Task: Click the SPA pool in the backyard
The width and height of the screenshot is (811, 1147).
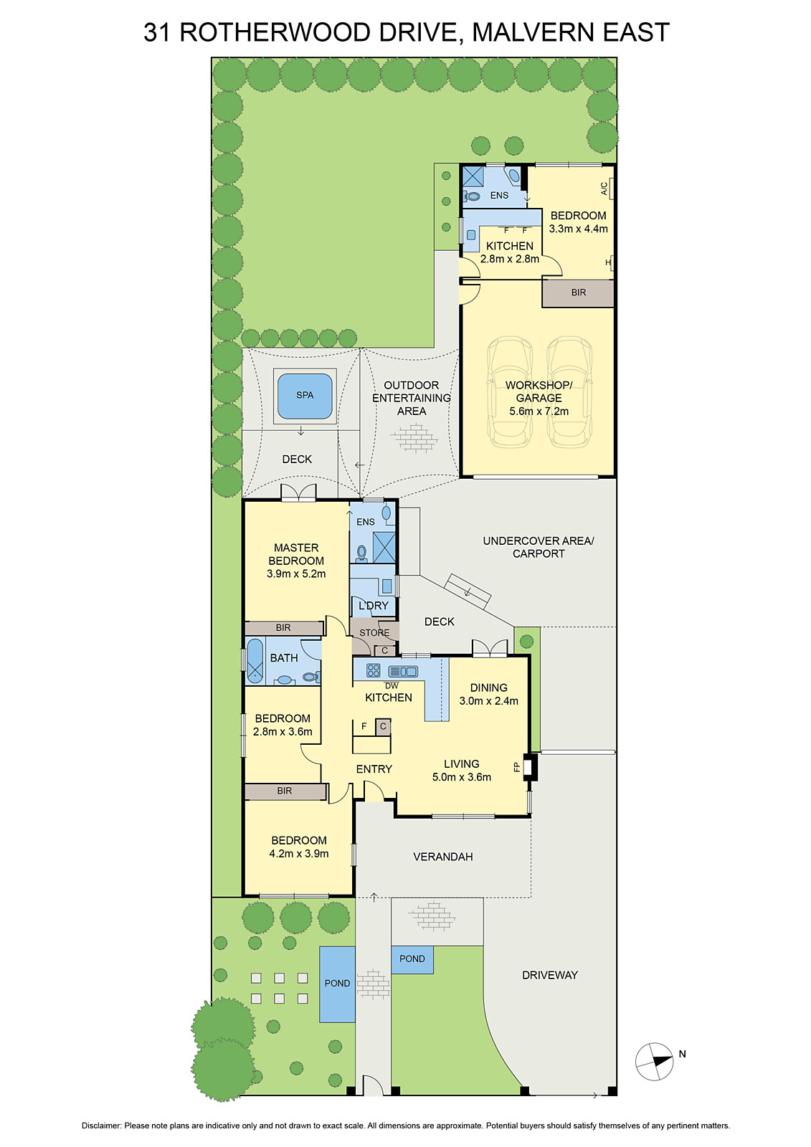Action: pos(305,395)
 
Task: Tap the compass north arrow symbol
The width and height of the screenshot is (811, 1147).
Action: pos(655,1061)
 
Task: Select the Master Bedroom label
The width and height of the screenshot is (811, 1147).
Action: pos(296,554)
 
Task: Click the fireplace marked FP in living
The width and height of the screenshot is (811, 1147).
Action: pos(528,767)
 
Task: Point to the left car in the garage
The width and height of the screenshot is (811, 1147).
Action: pos(509,391)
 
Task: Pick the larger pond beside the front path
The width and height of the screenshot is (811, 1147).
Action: pos(337,984)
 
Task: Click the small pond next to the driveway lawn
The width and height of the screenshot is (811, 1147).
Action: pos(412,959)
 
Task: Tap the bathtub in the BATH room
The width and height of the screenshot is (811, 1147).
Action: pos(255,660)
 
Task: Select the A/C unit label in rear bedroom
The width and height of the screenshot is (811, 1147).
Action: pos(604,189)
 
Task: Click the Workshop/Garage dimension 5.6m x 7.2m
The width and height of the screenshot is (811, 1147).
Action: pos(539,411)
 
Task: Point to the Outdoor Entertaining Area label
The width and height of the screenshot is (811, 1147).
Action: pos(411,398)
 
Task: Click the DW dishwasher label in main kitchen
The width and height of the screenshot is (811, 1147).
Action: pos(392,686)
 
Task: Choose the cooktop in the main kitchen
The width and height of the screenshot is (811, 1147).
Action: pos(374,671)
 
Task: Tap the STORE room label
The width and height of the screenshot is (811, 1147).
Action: pos(374,633)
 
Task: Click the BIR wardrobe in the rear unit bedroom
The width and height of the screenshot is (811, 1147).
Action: pos(578,292)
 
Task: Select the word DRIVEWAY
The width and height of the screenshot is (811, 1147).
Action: pos(549,975)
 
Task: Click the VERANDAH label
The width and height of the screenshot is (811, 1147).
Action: pos(442,857)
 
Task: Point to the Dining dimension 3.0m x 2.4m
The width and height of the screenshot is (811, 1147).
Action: pos(488,701)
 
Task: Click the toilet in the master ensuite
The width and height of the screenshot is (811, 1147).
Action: pos(361,553)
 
